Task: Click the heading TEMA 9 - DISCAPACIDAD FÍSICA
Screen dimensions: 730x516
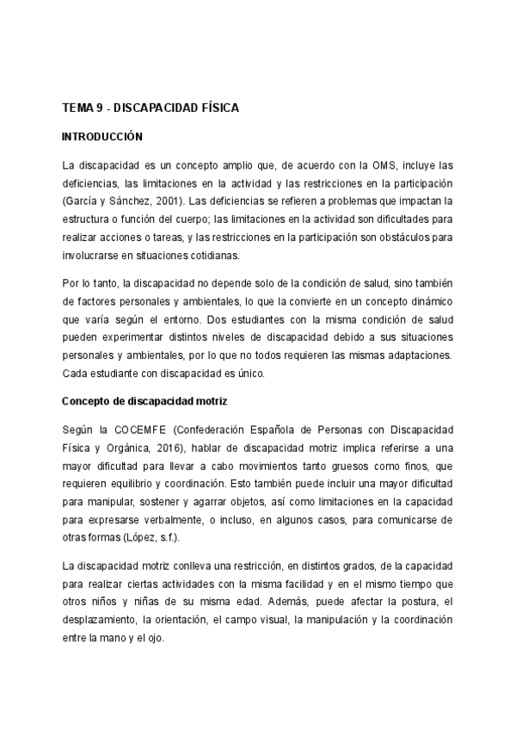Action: pyautogui.click(x=150, y=108)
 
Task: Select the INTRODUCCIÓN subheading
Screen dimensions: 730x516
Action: pyautogui.click(x=102, y=137)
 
